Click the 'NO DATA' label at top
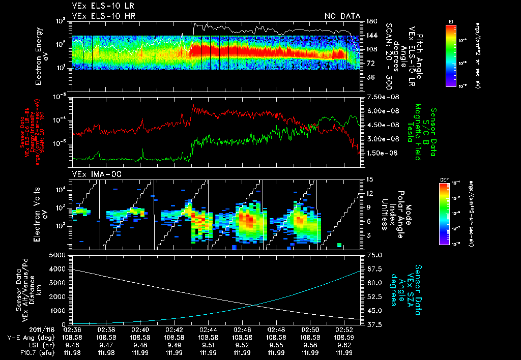(342, 16)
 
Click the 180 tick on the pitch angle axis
(371, 21)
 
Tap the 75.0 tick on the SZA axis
(374, 255)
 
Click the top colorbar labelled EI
(451, 54)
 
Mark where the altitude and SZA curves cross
(254, 305)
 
